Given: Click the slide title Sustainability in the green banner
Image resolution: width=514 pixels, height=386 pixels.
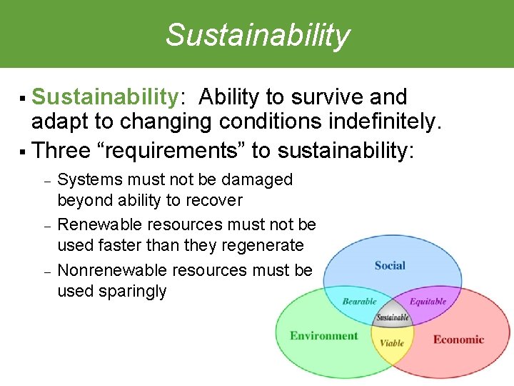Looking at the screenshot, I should point(258,35).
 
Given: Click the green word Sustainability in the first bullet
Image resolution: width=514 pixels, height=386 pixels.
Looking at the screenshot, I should point(104,97).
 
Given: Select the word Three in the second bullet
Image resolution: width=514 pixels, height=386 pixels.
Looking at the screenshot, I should point(61,151).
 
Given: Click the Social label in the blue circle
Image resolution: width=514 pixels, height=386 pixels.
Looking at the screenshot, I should point(390,266).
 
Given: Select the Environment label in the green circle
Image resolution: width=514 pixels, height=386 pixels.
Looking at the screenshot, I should point(323,336).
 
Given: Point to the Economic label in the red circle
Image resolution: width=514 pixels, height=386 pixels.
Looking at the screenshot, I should point(458,340).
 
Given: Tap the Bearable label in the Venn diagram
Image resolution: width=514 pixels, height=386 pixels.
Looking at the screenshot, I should point(359,302).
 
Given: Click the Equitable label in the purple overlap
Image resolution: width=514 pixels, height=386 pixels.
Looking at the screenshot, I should point(428,302).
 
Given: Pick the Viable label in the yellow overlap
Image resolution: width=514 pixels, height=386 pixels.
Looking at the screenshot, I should point(392,343).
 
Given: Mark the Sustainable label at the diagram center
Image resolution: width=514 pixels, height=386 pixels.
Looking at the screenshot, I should point(393,317).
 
